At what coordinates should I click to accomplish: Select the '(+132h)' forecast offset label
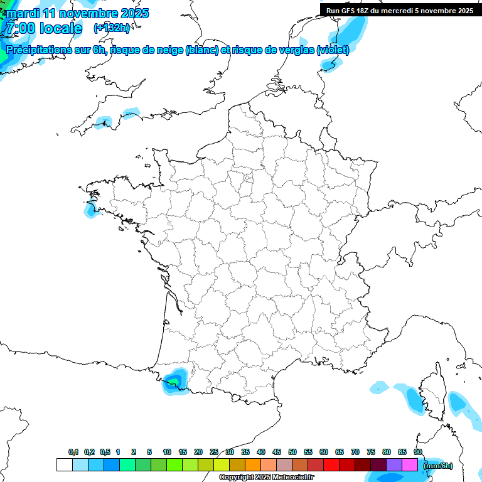click(x=112, y=28)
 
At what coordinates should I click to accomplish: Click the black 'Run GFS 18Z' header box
click(x=399, y=10)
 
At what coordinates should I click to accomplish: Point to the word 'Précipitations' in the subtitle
click(x=38, y=50)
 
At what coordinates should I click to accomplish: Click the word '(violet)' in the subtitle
click(x=333, y=50)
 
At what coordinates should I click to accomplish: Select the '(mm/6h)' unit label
click(x=437, y=466)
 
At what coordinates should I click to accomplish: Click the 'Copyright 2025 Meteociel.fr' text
click(x=267, y=478)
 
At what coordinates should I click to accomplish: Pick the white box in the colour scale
click(x=64, y=465)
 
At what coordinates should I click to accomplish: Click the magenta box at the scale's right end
click(x=410, y=465)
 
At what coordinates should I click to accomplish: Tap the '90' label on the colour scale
click(x=418, y=453)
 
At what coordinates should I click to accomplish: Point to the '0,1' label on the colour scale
click(x=73, y=453)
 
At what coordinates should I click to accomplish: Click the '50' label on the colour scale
click(x=292, y=453)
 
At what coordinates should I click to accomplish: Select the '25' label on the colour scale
click(x=214, y=453)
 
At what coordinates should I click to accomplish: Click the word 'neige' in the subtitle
click(x=166, y=50)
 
